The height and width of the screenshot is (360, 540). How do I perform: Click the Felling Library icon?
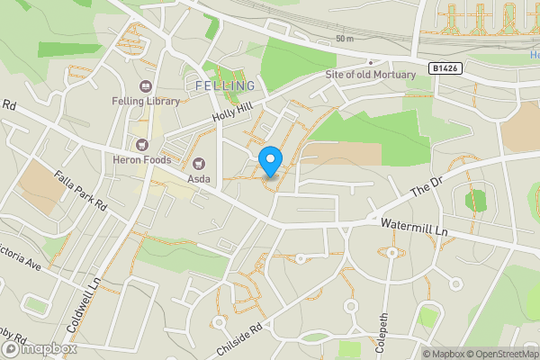point(145,86)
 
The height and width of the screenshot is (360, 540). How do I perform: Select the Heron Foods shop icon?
point(140,143)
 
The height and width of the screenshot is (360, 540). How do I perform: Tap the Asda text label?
point(199,178)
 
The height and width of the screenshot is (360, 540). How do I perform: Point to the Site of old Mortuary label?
point(371,74)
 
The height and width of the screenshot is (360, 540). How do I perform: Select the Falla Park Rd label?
point(80,191)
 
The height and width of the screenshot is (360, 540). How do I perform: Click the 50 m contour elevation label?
point(345,39)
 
